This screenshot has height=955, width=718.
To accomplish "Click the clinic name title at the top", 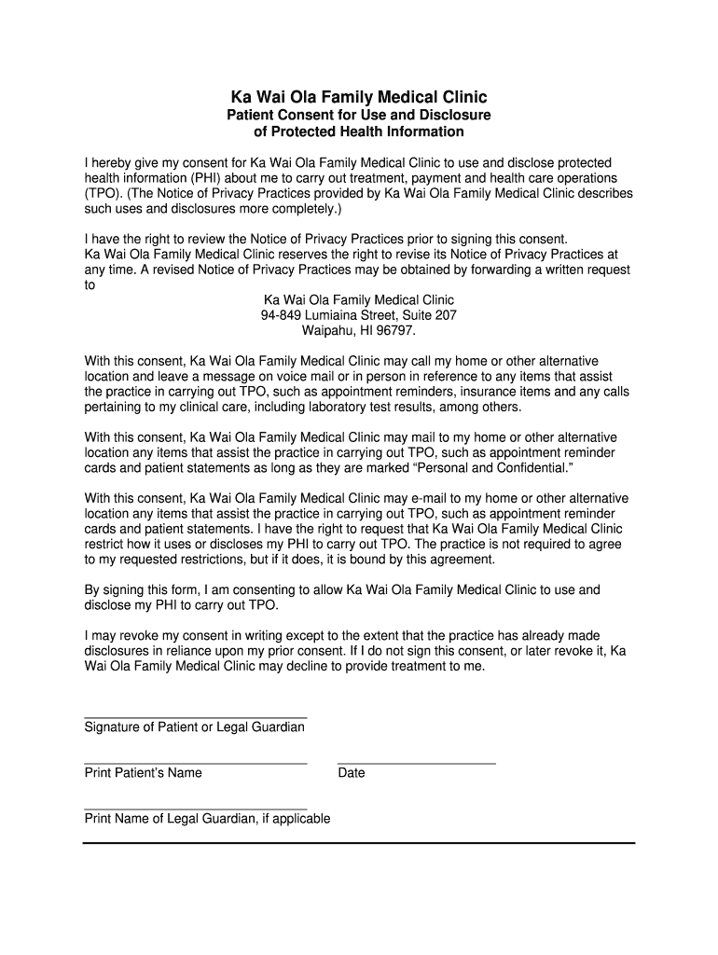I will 359,96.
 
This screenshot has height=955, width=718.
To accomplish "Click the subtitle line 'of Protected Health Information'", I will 359,131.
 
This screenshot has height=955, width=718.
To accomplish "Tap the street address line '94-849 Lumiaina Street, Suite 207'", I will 359,315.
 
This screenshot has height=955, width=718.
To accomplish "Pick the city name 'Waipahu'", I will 327,330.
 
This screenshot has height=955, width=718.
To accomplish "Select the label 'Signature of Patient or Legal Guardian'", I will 195,727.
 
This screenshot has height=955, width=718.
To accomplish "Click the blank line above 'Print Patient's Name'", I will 195,764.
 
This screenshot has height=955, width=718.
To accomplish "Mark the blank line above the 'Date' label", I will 416,764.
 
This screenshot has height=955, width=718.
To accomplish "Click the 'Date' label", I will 352,773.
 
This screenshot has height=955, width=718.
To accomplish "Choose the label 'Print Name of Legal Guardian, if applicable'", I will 207,819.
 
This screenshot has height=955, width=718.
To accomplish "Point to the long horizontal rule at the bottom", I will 359,843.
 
